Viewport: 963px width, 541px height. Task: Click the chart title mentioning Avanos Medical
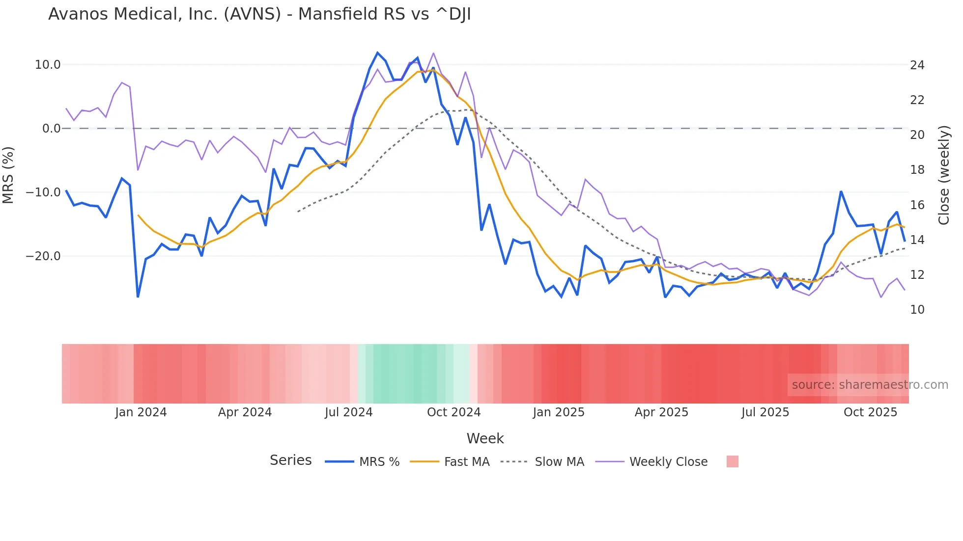click(259, 14)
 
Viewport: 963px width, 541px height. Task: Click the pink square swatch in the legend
click(732, 461)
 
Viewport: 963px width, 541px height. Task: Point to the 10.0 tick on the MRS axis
click(48, 65)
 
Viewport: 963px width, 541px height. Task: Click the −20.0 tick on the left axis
click(44, 256)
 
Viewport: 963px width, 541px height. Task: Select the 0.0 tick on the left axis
click(52, 129)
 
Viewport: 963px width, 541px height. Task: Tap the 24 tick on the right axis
click(917, 65)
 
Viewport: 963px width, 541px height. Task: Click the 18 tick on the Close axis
click(917, 170)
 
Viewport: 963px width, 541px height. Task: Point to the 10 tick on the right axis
click(917, 310)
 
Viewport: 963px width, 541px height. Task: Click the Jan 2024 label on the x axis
click(141, 412)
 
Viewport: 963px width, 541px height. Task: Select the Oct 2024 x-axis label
click(453, 412)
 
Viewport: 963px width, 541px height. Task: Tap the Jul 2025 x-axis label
click(765, 412)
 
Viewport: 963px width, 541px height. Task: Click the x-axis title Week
click(485, 438)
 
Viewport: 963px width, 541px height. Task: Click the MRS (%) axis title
click(8, 175)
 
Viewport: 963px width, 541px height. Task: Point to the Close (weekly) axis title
click(944, 175)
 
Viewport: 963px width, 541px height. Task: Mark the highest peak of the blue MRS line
click(377, 53)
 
